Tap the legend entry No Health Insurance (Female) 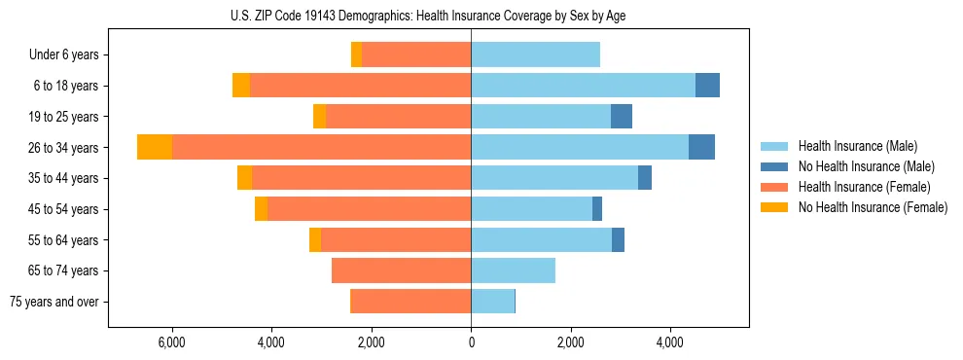pos(872,207)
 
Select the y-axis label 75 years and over pos(53,302)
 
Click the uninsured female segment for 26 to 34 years pos(155,147)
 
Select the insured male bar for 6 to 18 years pos(583,86)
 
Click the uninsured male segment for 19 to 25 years pos(622,117)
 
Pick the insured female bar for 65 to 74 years pos(401,270)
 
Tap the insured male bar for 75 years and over pos(492,302)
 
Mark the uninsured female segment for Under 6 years pos(357,54)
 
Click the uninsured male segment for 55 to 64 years pos(618,239)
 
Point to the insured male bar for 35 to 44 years pos(554,178)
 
